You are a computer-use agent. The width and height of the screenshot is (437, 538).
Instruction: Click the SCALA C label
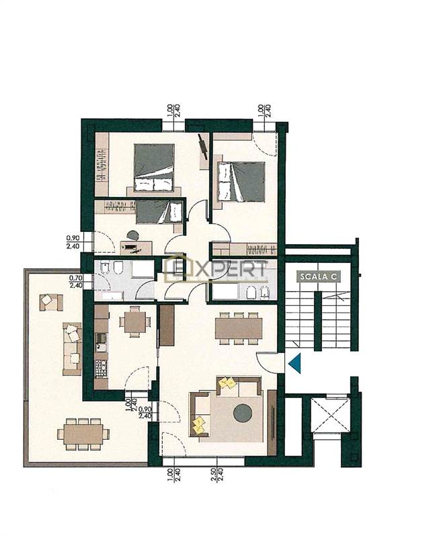pyautogui.click(x=319, y=276)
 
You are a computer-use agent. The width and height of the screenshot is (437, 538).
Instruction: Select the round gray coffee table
pyautogui.click(x=243, y=413)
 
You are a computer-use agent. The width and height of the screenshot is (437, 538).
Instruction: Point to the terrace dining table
pyautogui.click(x=83, y=434)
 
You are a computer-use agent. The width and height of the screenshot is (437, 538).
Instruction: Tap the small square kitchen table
pyautogui.click(x=134, y=321)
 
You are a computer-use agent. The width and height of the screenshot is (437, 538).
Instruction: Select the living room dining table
pyautogui.click(x=239, y=329)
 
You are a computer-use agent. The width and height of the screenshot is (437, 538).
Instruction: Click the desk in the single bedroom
pyautogui.click(x=136, y=247)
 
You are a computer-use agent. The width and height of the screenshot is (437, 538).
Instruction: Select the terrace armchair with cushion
pyautogui.click(x=51, y=302)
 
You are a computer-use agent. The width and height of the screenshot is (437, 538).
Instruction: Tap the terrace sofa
pyautogui.click(x=72, y=348)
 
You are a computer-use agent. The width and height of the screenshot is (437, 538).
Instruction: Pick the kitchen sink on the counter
pyautogui.click(x=102, y=343)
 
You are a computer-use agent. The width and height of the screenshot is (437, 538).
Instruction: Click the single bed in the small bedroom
pyautogui.click(x=159, y=213)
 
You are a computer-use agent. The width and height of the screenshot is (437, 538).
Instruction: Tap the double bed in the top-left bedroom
pyautogui.click(x=154, y=167)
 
